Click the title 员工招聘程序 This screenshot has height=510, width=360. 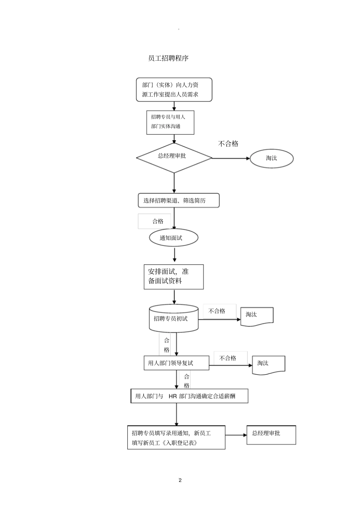point(168,58)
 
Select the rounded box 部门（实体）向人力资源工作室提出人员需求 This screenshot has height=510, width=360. point(174,90)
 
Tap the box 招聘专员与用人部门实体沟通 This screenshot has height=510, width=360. point(170,122)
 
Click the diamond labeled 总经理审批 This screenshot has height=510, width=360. point(174,157)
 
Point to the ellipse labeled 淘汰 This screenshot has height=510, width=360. point(271,158)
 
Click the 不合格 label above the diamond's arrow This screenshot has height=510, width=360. point(228,144)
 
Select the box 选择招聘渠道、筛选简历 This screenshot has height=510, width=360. point(178,201)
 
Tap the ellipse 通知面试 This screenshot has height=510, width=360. point(174,238)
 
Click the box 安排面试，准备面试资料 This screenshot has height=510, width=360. point(174,277)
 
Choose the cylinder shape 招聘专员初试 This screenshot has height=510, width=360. point(174,319)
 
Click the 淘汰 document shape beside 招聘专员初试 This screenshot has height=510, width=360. point(257,315)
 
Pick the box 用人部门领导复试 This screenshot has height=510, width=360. point(176,363)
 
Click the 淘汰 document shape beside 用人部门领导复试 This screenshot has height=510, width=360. point(268,364)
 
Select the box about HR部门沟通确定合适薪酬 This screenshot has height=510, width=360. point(189,396)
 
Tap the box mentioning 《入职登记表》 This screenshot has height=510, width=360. point(176,438)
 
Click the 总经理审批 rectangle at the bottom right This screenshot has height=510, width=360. point(271,435)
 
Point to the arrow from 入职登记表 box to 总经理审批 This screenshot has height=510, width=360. point(236,435)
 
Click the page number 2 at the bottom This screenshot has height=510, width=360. point(180,480)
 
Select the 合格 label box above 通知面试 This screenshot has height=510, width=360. point(154,221)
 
